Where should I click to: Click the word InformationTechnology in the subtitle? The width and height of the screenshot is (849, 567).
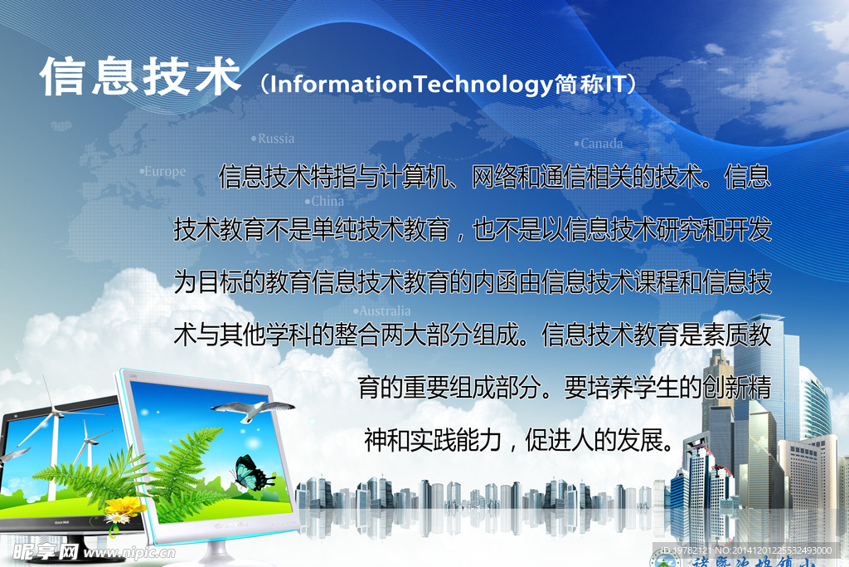coord(411,83)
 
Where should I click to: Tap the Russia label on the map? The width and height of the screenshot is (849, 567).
coord(275,139)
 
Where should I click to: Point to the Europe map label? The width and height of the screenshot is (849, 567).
coord(164,172)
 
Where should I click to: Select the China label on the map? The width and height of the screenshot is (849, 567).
coord(327,201)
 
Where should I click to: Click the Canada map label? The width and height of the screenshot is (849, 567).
coord(601,144)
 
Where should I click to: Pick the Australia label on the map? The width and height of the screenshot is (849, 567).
coord(384,311)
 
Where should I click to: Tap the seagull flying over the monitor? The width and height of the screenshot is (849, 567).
coord(253,409)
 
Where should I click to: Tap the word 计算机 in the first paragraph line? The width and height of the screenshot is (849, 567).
coord(403,177)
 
